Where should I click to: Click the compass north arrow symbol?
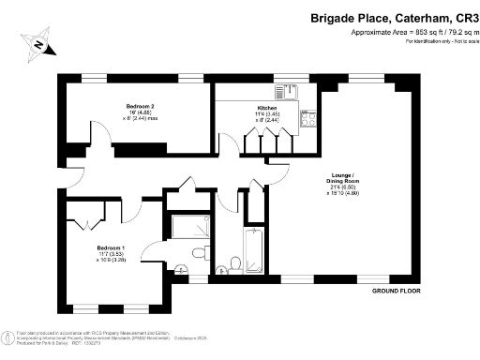click(37, 43)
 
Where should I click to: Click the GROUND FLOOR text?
click(390, 292)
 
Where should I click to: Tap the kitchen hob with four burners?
click(308, 118)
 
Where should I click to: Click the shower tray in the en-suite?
click(190, 226)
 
